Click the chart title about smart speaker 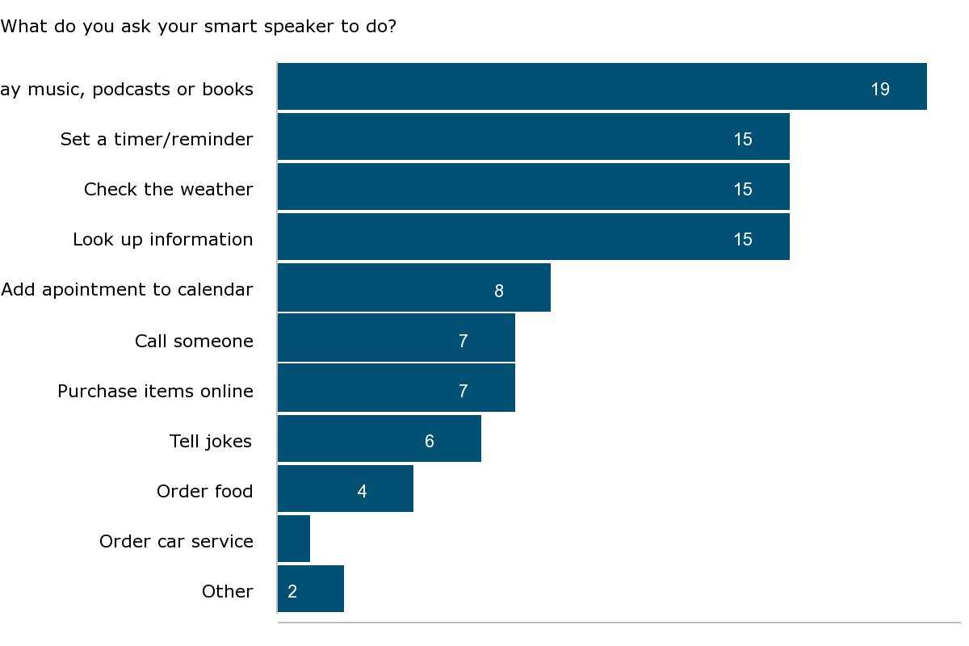pos(199,27)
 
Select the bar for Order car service pos(294,539)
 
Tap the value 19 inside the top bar pos(880,90)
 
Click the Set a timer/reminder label pos(157,140)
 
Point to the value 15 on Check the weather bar pos(743,190)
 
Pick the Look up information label pos(163,240)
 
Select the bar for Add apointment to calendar pos(413,287)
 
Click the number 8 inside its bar pos(499,292)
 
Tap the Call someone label pos(194,342)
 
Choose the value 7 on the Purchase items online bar pos(464,392)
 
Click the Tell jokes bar pos(380,438)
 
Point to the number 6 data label pos(430,442)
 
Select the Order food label pos(205,492)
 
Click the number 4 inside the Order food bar pos(362,492)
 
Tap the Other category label pos(228,592)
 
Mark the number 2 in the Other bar pos(292,592)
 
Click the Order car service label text pos(176,542)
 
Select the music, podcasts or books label pos(127,90)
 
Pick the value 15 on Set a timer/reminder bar pos(743,140)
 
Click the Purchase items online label pos(155,392)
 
